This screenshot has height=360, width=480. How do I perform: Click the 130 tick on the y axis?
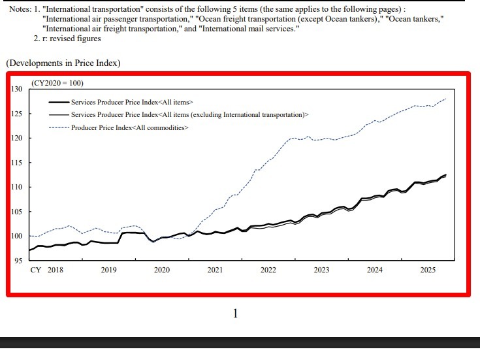point(17,89)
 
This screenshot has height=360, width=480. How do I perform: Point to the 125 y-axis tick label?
point(17,114)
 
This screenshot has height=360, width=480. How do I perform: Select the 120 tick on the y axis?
point(17,138)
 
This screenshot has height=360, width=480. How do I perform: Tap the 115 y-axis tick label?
point(17,163)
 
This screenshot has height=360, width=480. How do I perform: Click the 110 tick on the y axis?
point(17,187)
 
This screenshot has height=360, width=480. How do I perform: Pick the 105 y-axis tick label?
point(17,212)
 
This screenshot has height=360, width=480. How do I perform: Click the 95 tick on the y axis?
point(19,261)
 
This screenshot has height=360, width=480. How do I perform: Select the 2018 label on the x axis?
point(56,270)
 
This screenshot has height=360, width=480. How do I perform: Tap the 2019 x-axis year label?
point(108,270)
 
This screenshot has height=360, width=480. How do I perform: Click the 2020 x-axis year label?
point(162,270)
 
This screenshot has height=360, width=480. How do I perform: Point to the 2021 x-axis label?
point(215,270)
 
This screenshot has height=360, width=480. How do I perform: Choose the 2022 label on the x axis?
point(268,270)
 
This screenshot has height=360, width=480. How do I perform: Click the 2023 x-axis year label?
point(321,270)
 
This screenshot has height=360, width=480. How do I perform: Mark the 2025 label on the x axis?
point(428,270)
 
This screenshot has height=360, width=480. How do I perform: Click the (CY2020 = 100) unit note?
point(57,83)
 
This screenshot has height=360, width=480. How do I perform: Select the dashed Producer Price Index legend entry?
point(130,127)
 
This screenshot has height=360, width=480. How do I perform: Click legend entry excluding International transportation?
point(189,114)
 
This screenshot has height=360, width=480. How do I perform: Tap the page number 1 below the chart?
point(235,314)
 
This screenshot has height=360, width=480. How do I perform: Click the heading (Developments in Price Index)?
point(63,63)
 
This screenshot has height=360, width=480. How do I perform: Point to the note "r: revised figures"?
point(71,39)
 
